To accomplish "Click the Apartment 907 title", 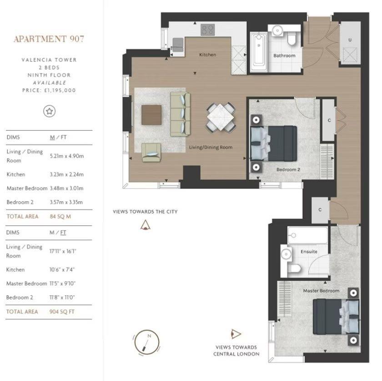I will [49, 39].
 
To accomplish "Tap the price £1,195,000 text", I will [49, 90].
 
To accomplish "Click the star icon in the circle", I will [49, 111].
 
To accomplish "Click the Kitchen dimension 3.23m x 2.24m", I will [66, 175].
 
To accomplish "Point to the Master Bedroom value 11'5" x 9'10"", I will [63, 283].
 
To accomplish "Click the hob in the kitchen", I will [208, 30].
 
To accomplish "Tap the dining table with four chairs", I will [221, 118].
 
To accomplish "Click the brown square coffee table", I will [151, 115].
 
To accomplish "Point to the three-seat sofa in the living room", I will [179, 113].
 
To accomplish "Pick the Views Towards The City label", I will [145, 211].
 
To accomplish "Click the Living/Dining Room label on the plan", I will [211, 147].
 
